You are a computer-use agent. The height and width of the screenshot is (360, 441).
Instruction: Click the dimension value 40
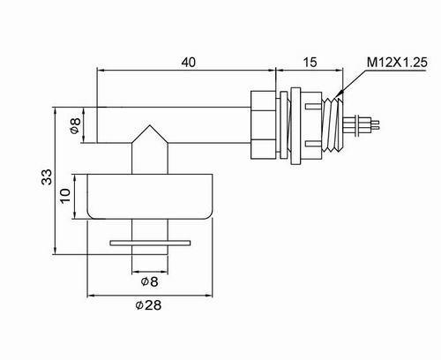click(188, 63)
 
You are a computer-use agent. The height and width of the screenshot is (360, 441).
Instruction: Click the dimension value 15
click(310, 63)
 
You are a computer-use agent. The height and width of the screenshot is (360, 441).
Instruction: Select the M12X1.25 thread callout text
click(397, 63)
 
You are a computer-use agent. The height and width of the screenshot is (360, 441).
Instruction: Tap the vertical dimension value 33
click(47, 176)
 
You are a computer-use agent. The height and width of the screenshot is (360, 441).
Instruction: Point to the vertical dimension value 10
click(65, 196)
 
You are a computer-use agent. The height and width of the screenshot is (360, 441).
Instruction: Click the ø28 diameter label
click(148, 305)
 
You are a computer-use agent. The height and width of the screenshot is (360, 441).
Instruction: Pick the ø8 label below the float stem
click(150, 281)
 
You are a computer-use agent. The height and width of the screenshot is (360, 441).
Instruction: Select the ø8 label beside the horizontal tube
click(75, 125)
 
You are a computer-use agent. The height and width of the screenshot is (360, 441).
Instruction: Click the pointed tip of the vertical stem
click(150, 125)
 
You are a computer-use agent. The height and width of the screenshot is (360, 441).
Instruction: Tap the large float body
click(150, 197)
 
